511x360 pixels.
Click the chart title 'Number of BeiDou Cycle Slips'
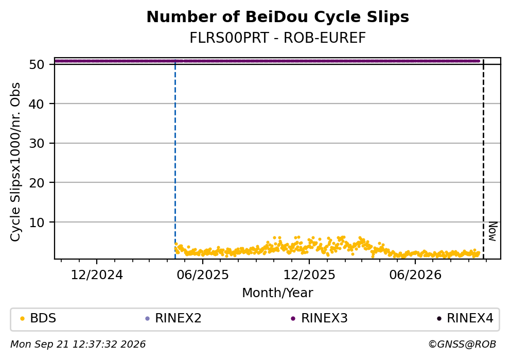pyautogui.click(x=278, y=17)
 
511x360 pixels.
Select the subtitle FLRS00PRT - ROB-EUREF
pyautogui.click(x=278, y=38)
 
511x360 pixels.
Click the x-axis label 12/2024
pyautogui.click(x=97, y=275)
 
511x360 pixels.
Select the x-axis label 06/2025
pyautogui.click(x=203, y=275)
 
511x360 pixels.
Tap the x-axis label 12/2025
pyautogui.click(x=309, y=275)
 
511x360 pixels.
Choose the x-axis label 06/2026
pyautogui.click(x=415, y=275)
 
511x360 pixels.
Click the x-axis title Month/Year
pyautogui.click(x=278, y=293)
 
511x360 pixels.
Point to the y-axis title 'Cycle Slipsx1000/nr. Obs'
pyautogui.click(x=15, y=162)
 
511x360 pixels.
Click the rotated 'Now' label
pyautogui.click(x=493, y=232)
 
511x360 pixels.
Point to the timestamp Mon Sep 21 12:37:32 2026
pyautogui.click(x=78, y=345)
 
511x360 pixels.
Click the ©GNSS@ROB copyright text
pyautogui.click(x=462, y=345)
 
